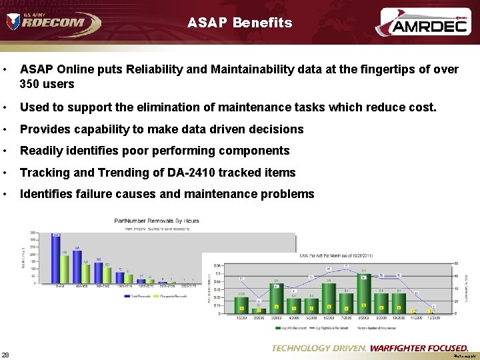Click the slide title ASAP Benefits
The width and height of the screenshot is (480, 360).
[240, 23]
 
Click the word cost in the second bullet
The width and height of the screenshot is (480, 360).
[421, 107]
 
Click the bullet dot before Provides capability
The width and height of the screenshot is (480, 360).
[5, 129]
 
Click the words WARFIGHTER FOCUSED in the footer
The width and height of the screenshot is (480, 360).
[419, 348]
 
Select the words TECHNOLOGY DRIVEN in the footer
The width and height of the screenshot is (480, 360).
[319, 348]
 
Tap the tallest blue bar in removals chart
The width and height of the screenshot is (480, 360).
[57, 259]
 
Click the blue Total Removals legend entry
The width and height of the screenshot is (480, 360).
[135, 295]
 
